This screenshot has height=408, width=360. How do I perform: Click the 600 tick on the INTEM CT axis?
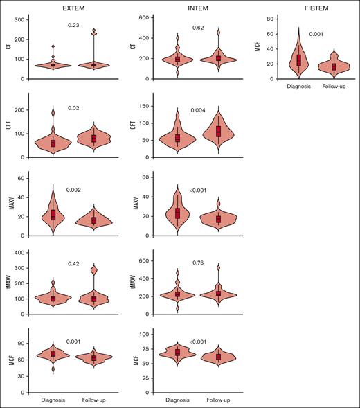[x=147, y=17]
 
